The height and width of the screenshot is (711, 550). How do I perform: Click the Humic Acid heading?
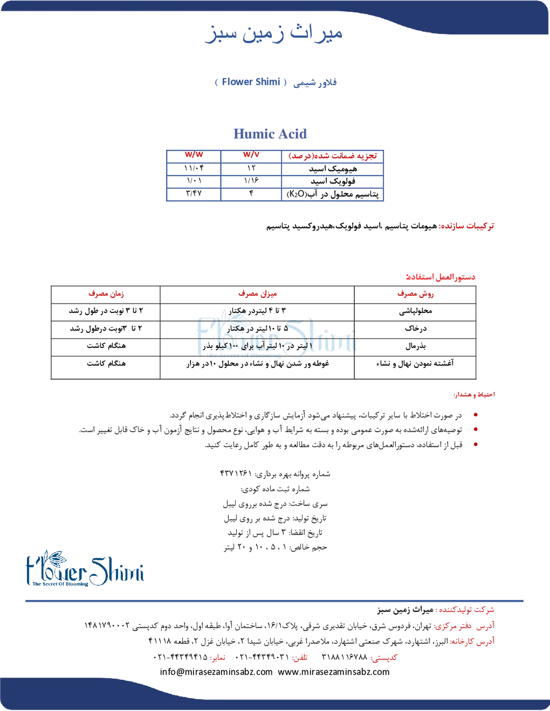(270, 134)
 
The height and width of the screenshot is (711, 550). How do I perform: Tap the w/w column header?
(194, 155)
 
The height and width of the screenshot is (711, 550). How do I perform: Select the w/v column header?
(251, 155)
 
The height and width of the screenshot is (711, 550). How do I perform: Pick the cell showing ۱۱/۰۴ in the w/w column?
(194, 168)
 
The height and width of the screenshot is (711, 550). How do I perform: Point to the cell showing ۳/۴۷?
(193, 193)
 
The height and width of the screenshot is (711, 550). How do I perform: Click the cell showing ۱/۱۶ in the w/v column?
(251, 181)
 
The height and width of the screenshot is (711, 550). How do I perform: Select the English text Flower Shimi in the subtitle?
(251, 82)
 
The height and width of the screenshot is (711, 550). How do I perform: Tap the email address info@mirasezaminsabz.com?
(216, 672)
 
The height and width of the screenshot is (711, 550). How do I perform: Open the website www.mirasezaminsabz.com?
(334, 672)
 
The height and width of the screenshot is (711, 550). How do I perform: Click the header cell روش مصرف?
(415, 294)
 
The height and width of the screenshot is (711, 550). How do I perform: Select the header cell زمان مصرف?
(106, 294)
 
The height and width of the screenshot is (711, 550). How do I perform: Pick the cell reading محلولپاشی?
(415, 311)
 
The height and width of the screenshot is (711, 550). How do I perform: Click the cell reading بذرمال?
(415, 346)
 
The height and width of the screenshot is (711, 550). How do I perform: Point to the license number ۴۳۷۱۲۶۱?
(236, 473)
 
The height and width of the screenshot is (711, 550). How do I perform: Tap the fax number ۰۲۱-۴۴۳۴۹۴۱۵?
(181, 657)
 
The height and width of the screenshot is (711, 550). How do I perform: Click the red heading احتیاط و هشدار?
(474, 395)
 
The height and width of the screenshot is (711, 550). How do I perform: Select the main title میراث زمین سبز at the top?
(274, 34)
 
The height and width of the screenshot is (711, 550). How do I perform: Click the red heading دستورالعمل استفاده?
(440, 277)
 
